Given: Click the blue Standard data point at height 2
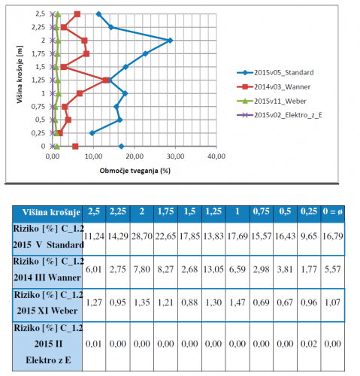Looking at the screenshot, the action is pyautogui.click(x=171, y=41).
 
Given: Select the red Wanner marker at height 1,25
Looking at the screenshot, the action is pyautogui.click(x=106, y=80).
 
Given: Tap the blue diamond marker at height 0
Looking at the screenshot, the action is pyautogui.click(x=121, y=147).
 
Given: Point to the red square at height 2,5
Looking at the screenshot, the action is pyautogui.click(x=77, y=14).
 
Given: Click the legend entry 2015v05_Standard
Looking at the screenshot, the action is pyautogui.click(x=275, y=73).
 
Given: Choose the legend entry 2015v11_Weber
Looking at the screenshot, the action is pyautogui.click(x=271, y=102).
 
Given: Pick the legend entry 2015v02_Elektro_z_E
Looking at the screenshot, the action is pyautogui.click(x=280, y=115).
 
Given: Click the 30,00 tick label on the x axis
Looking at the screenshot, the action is pyautogui.click(x=175, y=156).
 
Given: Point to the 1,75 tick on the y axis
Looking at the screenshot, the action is pyautogui.click(x=38, y=53).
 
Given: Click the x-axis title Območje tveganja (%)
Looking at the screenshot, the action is pyautogui.click(x=135, y=171).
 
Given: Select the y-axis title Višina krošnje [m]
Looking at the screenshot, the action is pyautogui.click(x=20, y=74).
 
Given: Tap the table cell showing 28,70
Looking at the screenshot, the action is pyautogui.click(x=142, y=236).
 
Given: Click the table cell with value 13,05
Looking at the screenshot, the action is pyautogui.click(x=213, y=269).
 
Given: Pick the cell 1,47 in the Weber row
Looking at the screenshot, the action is pyautogui.click(x=237, y=302).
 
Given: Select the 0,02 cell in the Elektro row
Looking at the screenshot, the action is pyautogui.click(x=309, y=344).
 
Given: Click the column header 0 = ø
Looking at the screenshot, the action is pyautogui.click(x=333, y=211).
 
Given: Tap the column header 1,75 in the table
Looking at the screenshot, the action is pyautogui.click(x=165, y=211).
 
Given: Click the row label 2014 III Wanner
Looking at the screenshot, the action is pyautogui.click(x=47, y=277).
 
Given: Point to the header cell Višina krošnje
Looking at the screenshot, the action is pyautogui.click(x=51, y=212).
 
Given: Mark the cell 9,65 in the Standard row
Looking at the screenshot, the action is pyautogui.click(x=309, y=236).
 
